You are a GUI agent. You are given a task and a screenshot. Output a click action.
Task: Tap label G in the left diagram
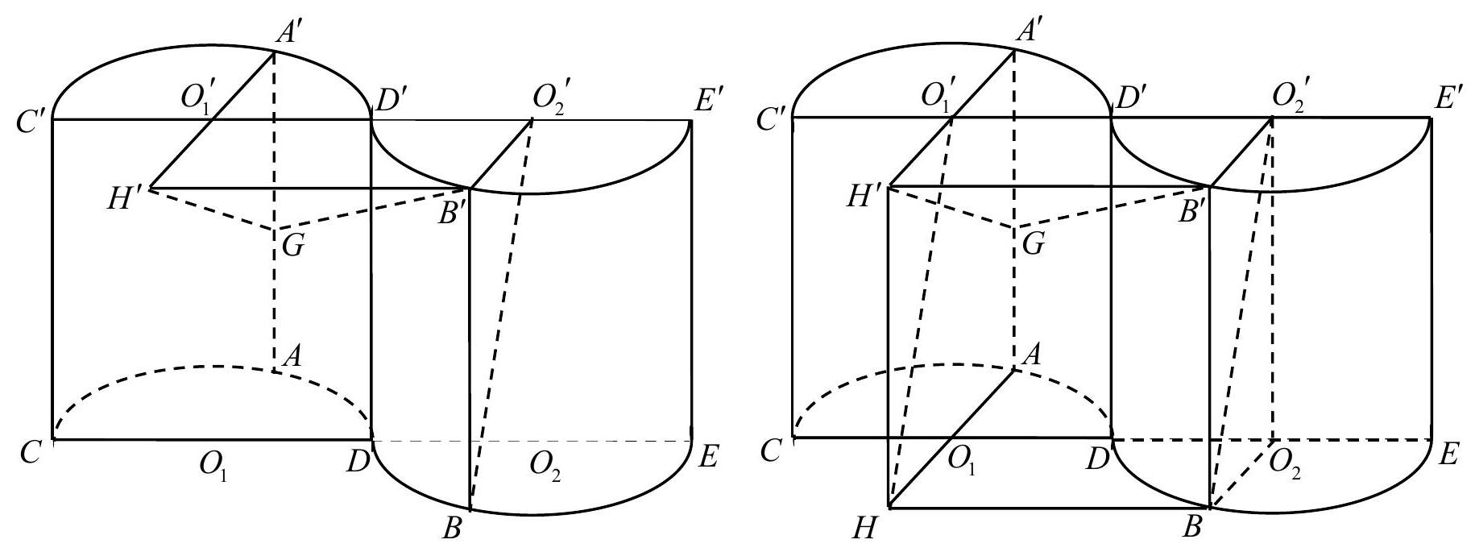[x=292, y=244]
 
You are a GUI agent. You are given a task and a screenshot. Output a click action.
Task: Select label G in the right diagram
[x=1032, y=243]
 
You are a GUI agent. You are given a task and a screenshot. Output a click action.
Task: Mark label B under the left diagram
[x=452, y=529]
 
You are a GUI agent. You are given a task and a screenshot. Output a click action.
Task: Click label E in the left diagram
[x=707, y=459]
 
